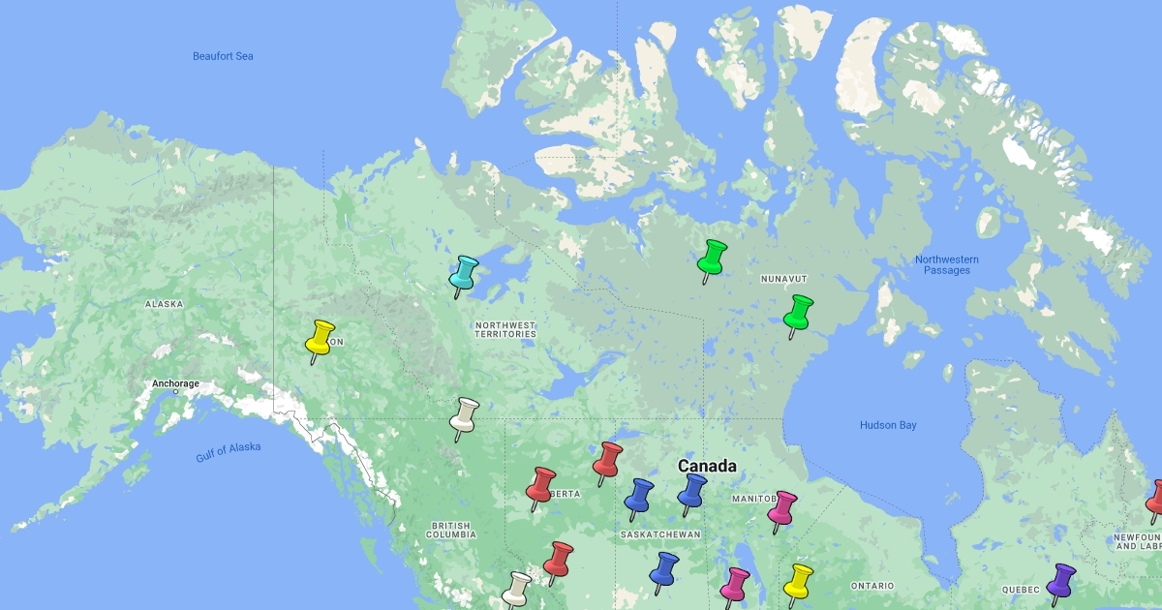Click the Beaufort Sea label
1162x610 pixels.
223,56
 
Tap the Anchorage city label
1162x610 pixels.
175,383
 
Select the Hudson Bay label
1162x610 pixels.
888,425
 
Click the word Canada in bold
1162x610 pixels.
707,466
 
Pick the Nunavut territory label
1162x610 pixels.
783,279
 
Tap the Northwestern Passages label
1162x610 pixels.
947,264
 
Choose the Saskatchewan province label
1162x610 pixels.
659,534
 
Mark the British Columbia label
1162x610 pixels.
451,529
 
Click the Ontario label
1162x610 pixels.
872,586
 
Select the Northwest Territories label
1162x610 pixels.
505,329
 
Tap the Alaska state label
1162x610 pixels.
164,304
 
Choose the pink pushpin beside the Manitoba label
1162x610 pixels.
781,506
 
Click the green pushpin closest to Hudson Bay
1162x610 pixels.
798,312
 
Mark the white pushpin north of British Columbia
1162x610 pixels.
465,414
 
